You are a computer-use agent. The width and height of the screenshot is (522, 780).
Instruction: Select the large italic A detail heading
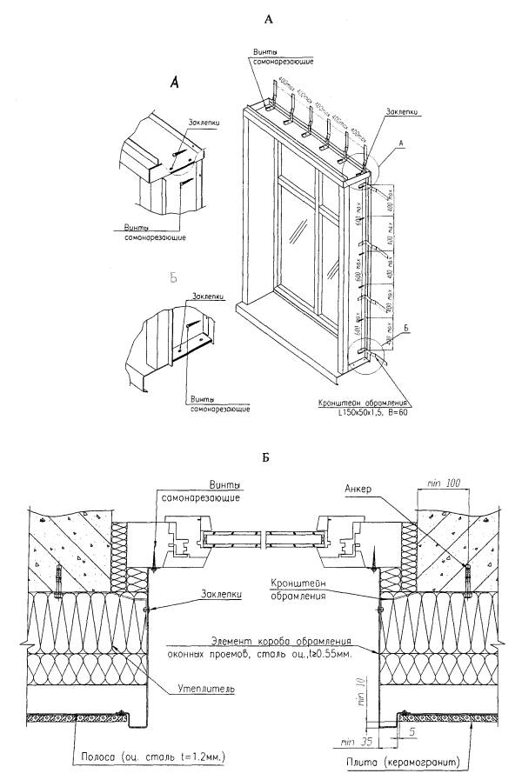click(174, 83)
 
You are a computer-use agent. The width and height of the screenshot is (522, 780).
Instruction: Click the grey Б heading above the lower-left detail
click(173, 278)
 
